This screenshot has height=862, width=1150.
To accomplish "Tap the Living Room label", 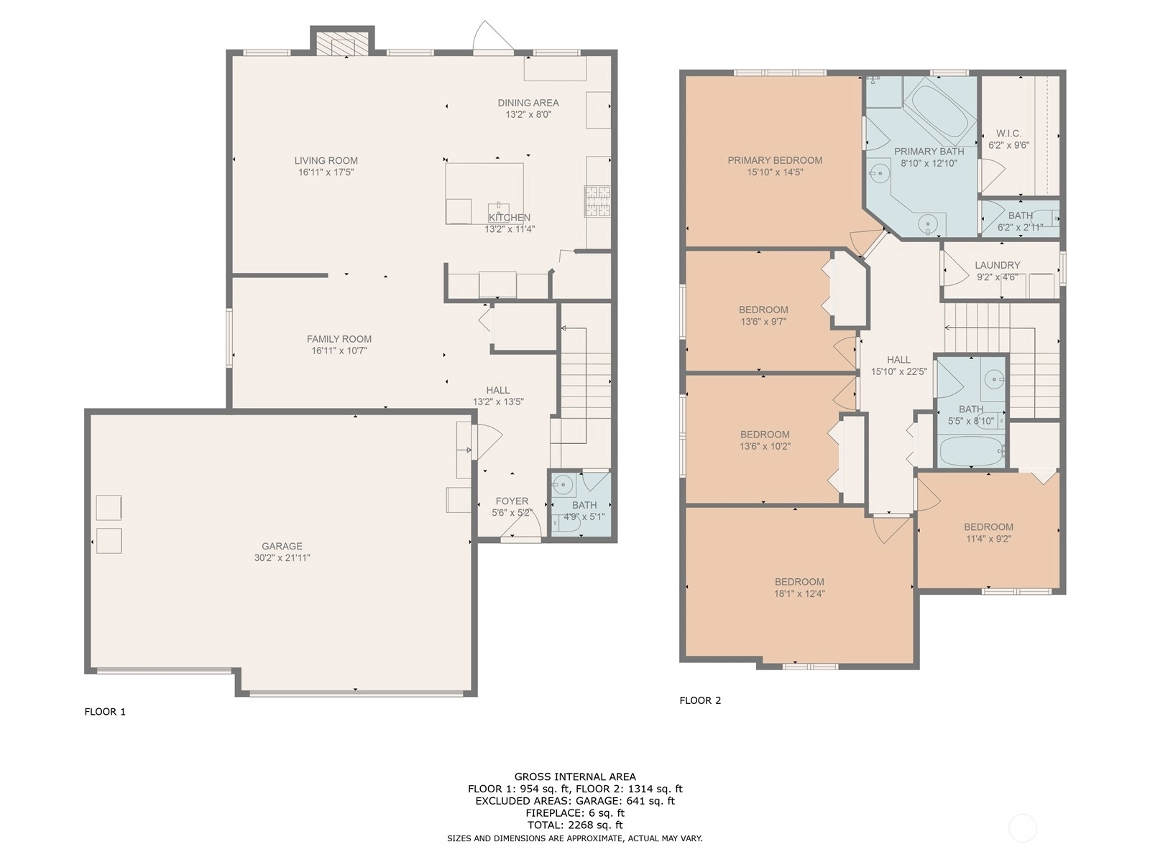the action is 326,161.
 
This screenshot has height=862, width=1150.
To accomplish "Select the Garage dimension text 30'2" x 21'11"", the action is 282,558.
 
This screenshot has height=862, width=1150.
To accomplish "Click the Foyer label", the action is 512,501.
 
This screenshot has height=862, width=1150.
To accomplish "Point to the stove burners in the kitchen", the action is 598,202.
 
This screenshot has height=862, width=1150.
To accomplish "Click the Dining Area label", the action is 528,103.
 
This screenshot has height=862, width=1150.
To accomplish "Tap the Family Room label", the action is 339,338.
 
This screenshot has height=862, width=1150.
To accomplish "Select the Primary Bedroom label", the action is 775,160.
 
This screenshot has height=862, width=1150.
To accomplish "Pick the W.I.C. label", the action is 1008,134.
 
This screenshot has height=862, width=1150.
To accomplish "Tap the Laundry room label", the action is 997,265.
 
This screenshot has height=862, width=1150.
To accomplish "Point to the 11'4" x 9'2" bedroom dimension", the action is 988,539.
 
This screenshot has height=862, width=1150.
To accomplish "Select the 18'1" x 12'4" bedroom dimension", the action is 799,593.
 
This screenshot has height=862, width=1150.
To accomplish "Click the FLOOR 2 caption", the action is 700,700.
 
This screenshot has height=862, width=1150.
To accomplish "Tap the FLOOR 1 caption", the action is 105,711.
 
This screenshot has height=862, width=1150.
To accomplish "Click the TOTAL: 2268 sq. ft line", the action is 575,825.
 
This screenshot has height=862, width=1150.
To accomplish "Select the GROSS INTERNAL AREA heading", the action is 575,777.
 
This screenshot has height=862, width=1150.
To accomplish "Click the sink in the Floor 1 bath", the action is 562,485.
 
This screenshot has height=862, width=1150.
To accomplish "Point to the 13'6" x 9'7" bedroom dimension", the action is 763,321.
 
